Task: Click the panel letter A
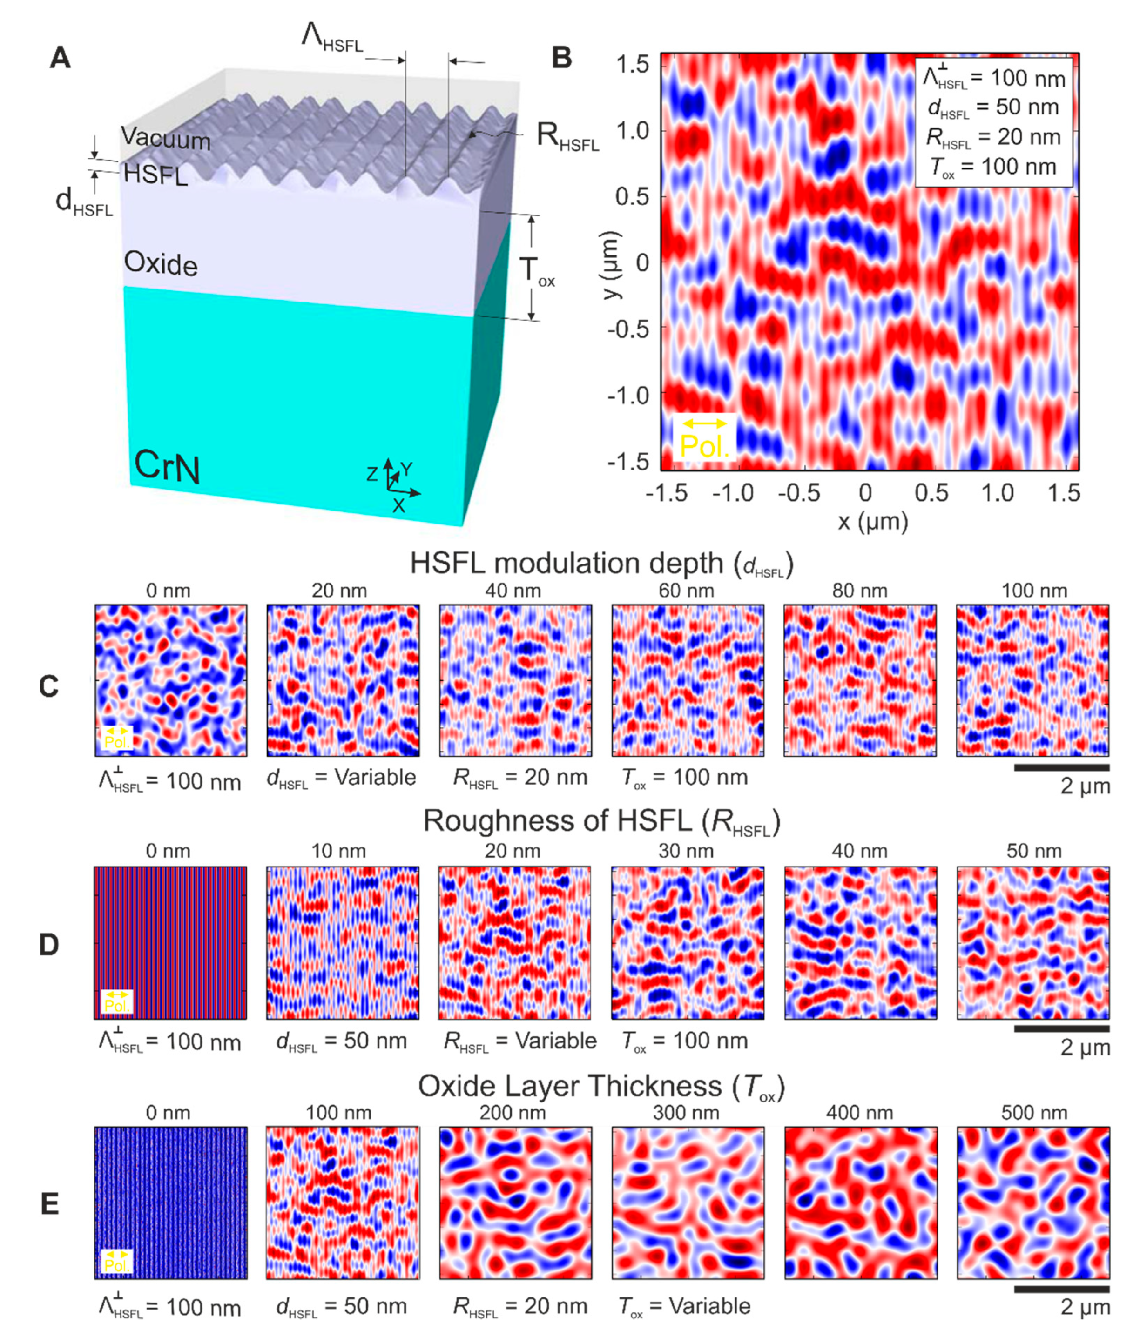pyautogui.click(x=60, y=58)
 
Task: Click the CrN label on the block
pyautogui.click(x=167, y=466)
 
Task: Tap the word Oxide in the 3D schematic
pyautogui.click(x=161, y=264)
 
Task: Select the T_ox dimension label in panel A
pyautogui.click(x=536, y=270)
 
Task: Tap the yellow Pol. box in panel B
pyautogui.click(x=704, y=437)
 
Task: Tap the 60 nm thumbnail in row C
pyautogui.click(x=688, y=680)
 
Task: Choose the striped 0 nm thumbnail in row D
pyautogui.click(x=170, y=943)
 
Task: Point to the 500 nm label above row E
pyautogui.click(x=1033, y=1112)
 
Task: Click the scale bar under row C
pyautogui.click(x=1061, y=768)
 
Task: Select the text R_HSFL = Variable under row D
pyautogui.click(x=519, y=1041)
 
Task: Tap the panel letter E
pyautogui.click(x=50, y=1204)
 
